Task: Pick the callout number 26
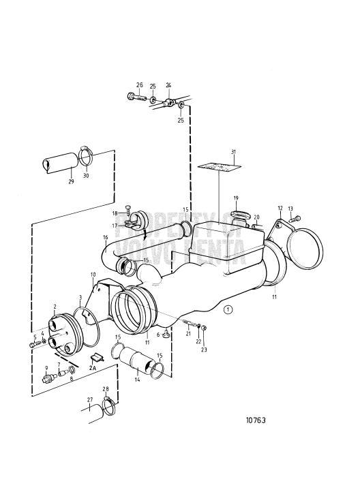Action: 139,85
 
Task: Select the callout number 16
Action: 106,237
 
